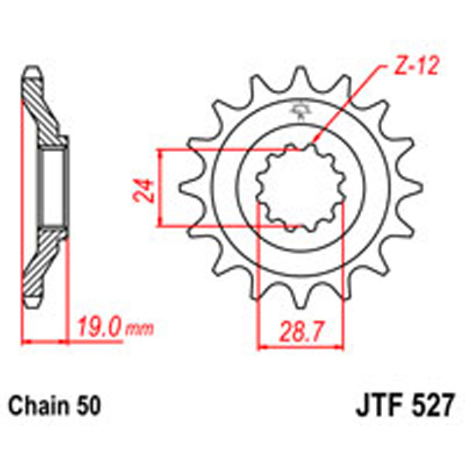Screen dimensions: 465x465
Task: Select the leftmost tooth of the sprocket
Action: click(x=187, y=188)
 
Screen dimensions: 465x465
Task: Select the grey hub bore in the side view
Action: click(x=53, y=188)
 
